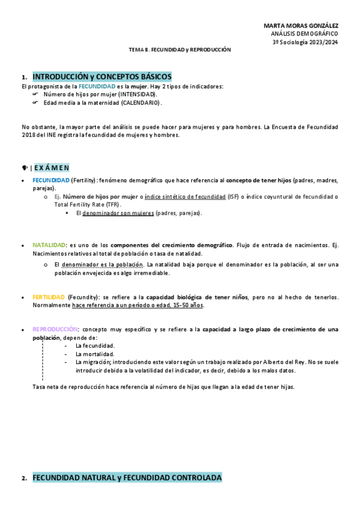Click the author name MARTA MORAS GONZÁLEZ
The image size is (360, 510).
coord(301,26)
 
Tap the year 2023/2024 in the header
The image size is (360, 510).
coord(322,43)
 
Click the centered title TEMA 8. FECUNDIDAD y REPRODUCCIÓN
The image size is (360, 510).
coord(180,50)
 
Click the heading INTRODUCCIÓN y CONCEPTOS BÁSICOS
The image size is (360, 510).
coord(102,77)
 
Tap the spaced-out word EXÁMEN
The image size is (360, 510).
coord(52,167)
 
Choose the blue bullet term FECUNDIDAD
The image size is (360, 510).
coord(50,180)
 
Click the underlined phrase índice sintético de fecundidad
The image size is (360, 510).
coord(185,197)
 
